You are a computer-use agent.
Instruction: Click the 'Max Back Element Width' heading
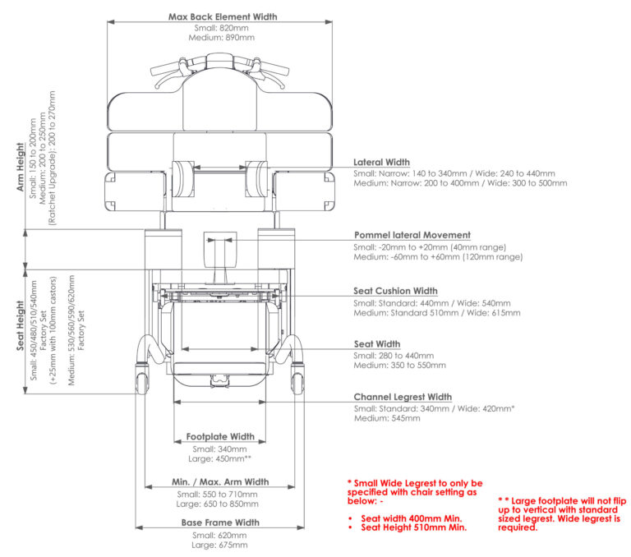click(222, 16)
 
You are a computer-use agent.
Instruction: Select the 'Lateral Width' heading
click(381, 163)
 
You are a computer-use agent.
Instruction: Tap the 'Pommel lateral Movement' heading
click(412, 235)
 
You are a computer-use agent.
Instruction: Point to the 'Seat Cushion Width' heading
click(395, 291)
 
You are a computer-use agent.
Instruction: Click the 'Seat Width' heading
click(376, 343)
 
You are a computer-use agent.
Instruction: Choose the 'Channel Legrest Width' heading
click(403, 397)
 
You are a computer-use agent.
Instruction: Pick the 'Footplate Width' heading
click(220, 437)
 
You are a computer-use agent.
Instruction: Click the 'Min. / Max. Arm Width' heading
click(220, 482)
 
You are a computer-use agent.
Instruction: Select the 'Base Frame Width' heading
click(220, 522)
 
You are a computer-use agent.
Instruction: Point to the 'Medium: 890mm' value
click(223, 38)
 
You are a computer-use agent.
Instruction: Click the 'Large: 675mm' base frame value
click(220, 545)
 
